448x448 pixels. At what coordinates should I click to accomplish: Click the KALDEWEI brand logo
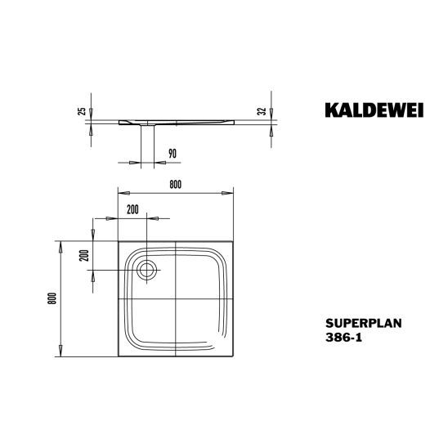click(x=374, y=110)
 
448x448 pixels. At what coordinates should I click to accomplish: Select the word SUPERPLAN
click(x=364, y=323)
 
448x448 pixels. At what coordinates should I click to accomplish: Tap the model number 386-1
click(x=343, y=338)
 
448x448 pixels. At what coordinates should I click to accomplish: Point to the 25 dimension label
click(x=82, y=111)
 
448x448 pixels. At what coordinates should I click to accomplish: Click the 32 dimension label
click(x=262, y=111)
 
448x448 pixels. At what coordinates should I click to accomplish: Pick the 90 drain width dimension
click(x=172, y=154)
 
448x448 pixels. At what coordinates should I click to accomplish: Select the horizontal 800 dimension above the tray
click(x=176, y=185)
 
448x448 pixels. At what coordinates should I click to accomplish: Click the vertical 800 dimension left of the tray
click(x=52, y=298)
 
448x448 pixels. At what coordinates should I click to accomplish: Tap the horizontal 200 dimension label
click(x=133, y=210)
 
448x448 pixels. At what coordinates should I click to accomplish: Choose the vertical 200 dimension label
click(x=84, y=256)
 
